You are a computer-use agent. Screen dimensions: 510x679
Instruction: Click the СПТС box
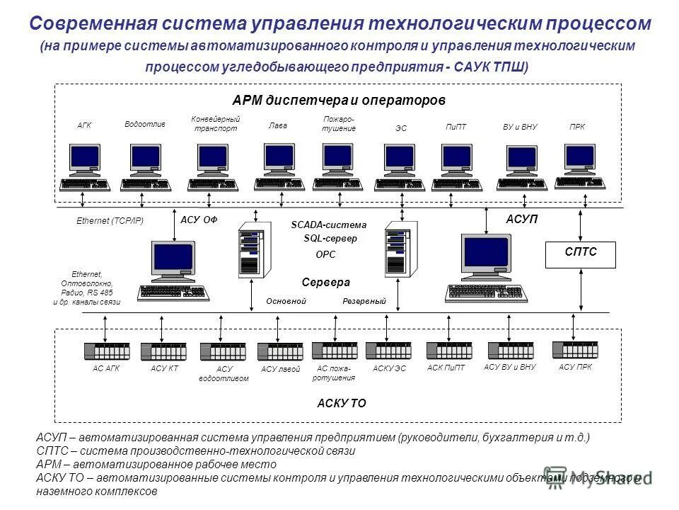point(580,254)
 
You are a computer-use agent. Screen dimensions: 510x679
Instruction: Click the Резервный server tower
point(397,250)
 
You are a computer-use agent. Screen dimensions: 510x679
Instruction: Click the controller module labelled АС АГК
point(107,351)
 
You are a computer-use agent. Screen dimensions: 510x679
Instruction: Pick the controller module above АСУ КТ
point(163,351)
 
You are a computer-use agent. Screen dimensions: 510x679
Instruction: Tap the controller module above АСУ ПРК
point(574,350)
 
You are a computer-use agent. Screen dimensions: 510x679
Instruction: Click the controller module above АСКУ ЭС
point(388,351)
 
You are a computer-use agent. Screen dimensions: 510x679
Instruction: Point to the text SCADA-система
point(329,225)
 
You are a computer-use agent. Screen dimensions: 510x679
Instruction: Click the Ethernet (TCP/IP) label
point(110,221)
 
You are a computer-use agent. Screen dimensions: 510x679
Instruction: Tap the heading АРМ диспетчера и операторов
point(339,101)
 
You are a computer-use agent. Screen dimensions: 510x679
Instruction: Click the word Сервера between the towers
point(326,282)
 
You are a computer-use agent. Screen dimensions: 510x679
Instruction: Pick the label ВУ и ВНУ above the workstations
point(520,127)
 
